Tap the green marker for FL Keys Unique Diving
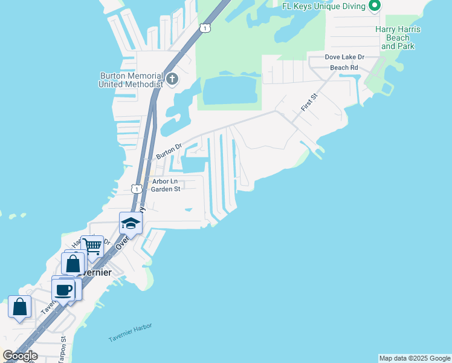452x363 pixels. pos(375,6)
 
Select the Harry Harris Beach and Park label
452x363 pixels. pos(398,38)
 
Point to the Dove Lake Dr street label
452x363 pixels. pos(345,57)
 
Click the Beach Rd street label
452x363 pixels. pos(344,68)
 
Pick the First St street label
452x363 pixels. pos(309,102)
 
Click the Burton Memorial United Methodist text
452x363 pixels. pos(131,80)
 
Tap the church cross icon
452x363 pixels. pos(172,79)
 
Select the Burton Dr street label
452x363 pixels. pos(169,151)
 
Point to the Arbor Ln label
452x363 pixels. pos(165,181)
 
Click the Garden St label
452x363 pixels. pos(166,189)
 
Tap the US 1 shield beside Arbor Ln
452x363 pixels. pos(137,189)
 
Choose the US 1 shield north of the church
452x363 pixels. pos(206,28)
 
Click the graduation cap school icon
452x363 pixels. pos(131,223)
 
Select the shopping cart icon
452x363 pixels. pos(92,246)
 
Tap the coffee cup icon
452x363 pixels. pos(63,289)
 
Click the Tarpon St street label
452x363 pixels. pos(63,350)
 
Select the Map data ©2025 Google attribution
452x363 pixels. pos(415,358)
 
